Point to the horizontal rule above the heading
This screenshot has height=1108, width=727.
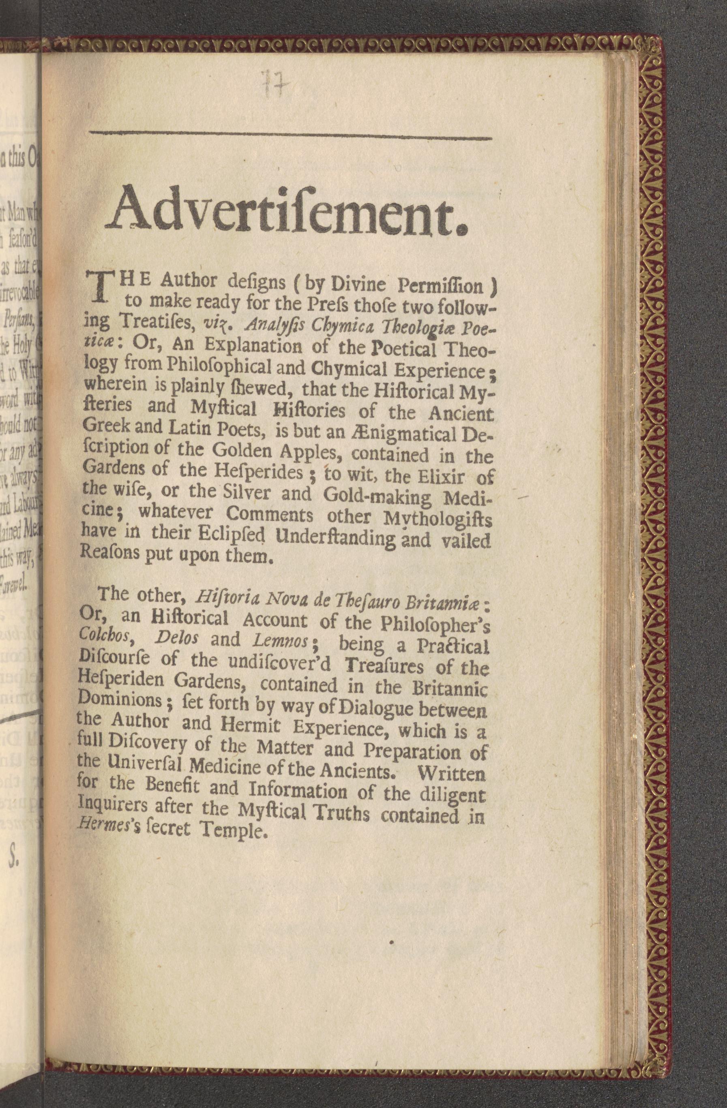click(x=290, y=136)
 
